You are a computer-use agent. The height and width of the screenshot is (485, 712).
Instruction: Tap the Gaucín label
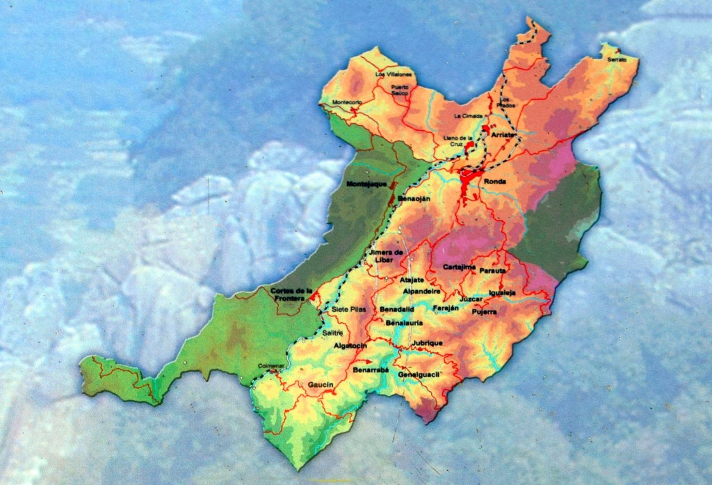tap(321, 385)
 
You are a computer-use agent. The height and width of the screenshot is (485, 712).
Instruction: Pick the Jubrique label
tap(427, 343)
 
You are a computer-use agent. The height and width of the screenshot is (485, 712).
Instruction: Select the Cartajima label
tap(459, 267)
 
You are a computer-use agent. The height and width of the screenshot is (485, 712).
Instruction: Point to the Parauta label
tap(493, 270)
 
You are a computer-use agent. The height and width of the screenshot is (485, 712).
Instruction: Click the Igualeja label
tap(502, 293)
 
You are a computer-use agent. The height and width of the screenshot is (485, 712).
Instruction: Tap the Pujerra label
tap(485, 312)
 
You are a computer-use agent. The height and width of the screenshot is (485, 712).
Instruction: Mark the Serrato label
tap(617, 60)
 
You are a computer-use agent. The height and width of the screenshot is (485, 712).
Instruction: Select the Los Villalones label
tap(394, 74)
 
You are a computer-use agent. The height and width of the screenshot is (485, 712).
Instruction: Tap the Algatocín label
tap(350, 345)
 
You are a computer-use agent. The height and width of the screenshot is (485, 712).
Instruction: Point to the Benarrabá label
tap(371, 370)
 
